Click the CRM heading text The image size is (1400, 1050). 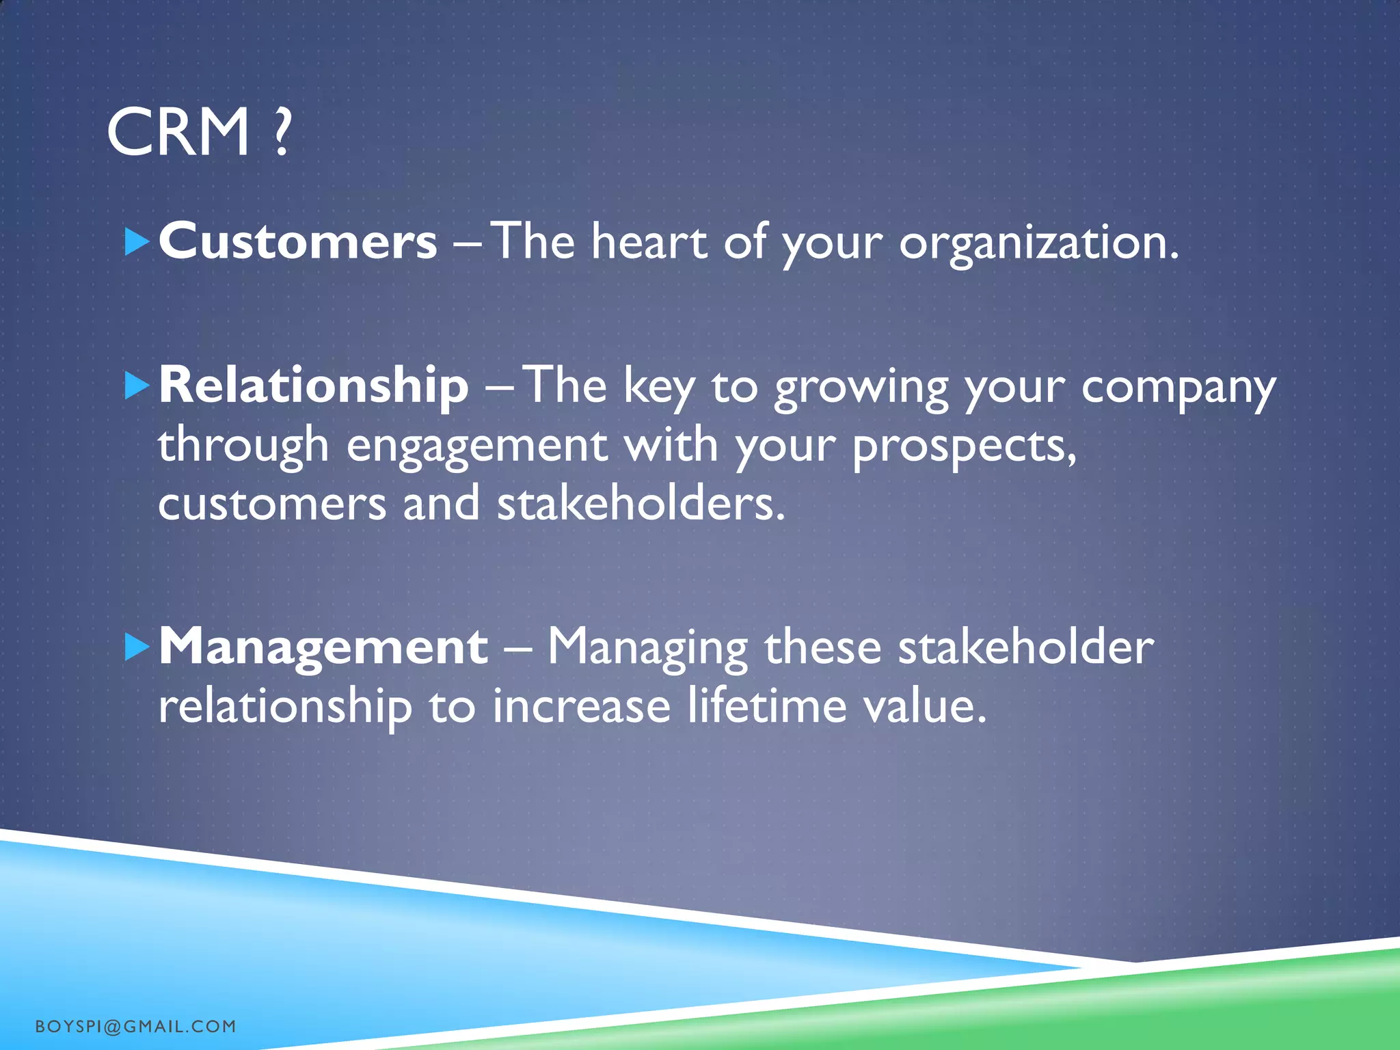click(179, 133)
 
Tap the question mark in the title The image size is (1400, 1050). click(280, 133)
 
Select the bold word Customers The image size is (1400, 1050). click(297, 242)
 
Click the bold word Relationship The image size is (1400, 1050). click(314, 386)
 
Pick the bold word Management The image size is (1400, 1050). click(323, 647)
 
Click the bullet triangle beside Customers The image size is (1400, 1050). click(137, 243)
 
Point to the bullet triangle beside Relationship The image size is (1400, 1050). click(137, 386)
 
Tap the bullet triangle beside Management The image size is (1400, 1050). click(137, 647)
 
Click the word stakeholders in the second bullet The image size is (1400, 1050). click(641, 504)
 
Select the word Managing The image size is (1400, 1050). click(647, 648)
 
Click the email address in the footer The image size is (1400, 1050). click(135, 1026)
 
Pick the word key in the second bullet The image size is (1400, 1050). click(659, 387)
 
